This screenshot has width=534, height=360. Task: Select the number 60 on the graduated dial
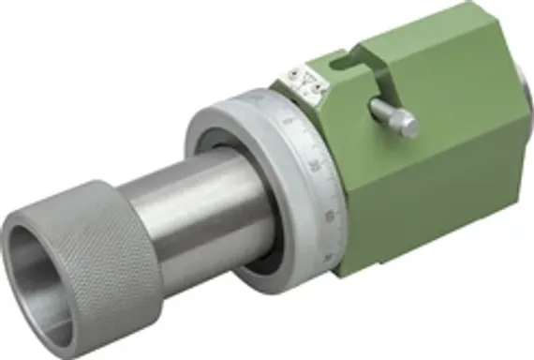(328, 217)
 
